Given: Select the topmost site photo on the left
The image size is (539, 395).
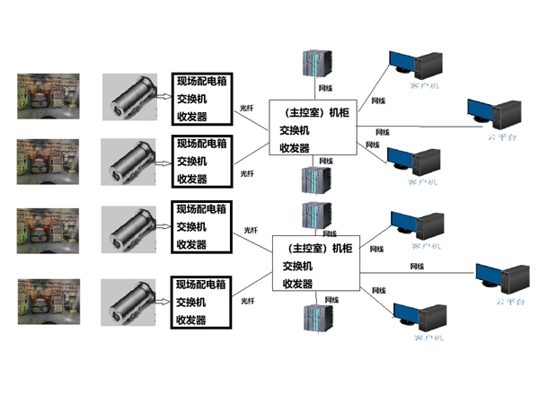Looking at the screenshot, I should [x=49, y=96].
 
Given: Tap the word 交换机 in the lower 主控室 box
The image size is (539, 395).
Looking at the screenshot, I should [x=297, y=266].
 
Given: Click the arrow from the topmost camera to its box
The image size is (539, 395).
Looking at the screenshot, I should [x=163, y=97].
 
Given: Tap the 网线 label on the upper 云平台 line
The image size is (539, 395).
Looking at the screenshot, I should [x=382, y=132].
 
